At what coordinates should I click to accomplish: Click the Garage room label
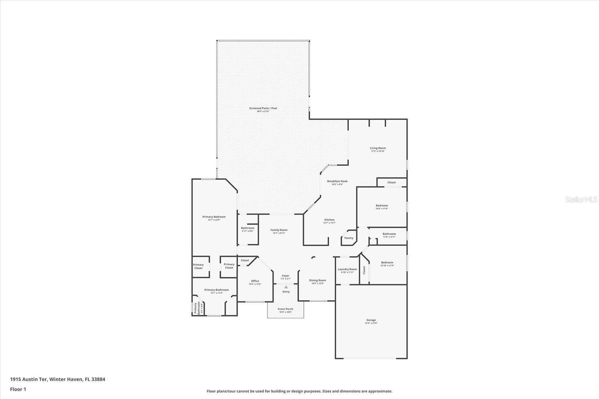tap(371, 320)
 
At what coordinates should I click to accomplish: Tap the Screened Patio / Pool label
tap(263, 108)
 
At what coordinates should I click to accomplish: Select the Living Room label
tap(378, 148)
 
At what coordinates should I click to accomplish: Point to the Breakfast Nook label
tap(337, 181)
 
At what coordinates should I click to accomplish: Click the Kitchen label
tap(329, 220)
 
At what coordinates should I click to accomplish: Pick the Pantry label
tap(349, 238)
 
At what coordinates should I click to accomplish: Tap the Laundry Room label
tap(347, 269)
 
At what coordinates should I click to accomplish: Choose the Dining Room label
tap(317, 280)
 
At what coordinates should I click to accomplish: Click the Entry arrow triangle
tap(286, 287)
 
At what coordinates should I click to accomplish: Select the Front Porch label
tap(285, 309)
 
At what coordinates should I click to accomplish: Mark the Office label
tap(255, 281)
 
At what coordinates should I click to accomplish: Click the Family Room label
tap(279, 230)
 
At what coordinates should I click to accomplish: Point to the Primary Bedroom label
tap(214, 217)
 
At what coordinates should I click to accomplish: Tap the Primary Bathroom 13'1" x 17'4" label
tap(216, 290)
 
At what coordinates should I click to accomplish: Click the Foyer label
tap(286, 276)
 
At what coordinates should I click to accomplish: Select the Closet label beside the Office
tap(245, 261)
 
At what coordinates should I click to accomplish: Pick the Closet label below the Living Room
tap(392, 183)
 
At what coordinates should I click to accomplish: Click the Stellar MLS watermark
tap(581, 199)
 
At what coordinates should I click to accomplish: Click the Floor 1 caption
tap(18, 389)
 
